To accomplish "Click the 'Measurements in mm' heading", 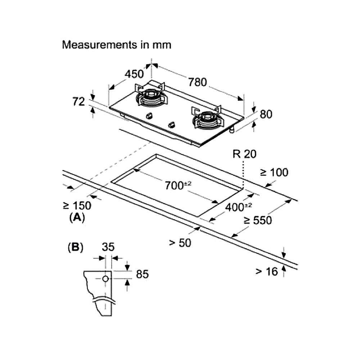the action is [x=117, y=45].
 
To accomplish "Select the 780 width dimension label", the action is [x=197, y=82].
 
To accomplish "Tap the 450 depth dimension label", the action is [x=134, y=74].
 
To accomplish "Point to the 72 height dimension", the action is [x=79, y=102].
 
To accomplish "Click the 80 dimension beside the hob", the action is [x=266, y=114].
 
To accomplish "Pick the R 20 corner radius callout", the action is [x=244, y=154].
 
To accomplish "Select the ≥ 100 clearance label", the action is [x=274, y=172].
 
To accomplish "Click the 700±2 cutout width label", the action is [x=178, y=185].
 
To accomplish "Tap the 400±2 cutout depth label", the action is [x=238, y=207].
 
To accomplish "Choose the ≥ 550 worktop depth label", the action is [x=258, y=220].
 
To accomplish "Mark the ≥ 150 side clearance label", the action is [x=77, y=206].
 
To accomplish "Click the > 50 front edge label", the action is [x=180, y=243].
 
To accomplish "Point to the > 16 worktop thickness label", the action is [x=266, y=271].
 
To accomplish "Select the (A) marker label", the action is [x=77, y=217].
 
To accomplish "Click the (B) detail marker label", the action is [x=76, y=248].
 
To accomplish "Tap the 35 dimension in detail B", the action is [x=108, y=247].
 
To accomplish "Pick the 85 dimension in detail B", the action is [x=142, y=274].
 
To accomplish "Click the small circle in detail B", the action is [x=105, y=279].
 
